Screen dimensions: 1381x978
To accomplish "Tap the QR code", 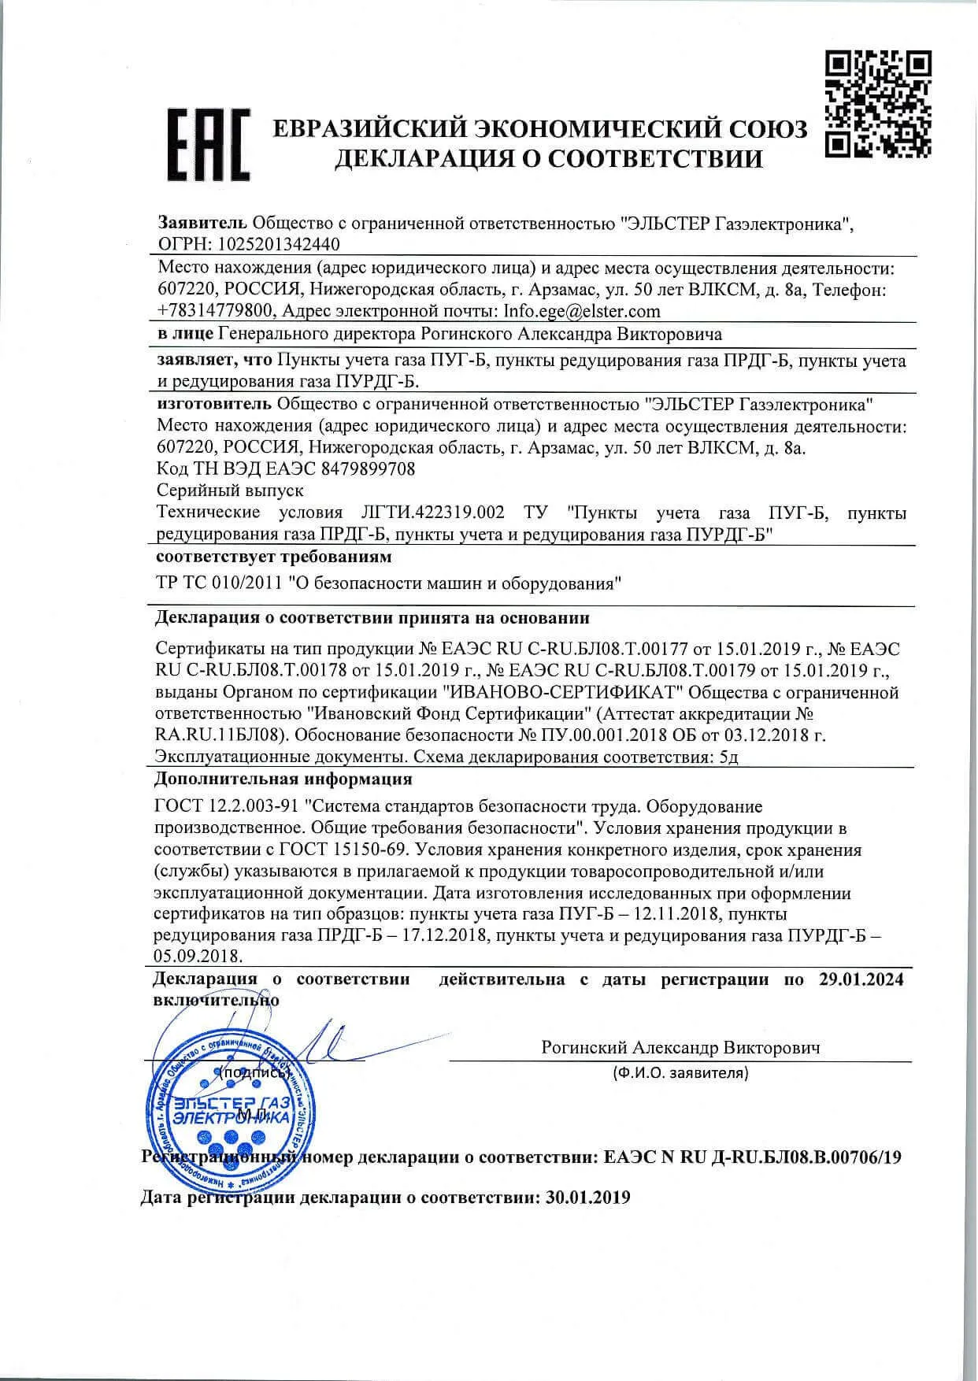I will [879, 102].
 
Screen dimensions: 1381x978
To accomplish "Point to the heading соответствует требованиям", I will [273, 557].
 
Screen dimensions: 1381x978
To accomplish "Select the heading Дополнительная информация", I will [283, 779].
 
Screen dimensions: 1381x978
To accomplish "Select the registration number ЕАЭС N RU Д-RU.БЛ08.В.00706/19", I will [752, 1157].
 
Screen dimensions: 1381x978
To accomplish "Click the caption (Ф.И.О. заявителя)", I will [680, 1072].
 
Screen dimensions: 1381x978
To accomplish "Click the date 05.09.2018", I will [197, 956].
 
